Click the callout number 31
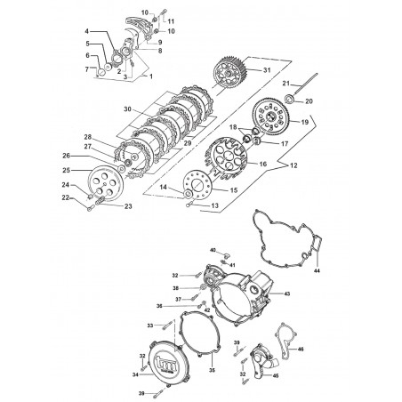click(x=267, y=70)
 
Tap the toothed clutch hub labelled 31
click(x=230, y=72)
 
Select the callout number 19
click(x=304, y=122)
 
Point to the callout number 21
click(x=285, y=84)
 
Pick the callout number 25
click(x=67, y=170)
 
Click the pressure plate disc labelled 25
click(x=106, y=184)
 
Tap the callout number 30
click(x=127, y=109)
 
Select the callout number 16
click(x=263, y=164)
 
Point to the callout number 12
click(x=293, y=165)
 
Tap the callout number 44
click(x=317, y=270)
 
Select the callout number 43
click(x=287, y=293)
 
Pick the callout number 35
click(x=212, y=370)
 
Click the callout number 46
click(x=301, y=350)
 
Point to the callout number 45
click(x=276, y=376)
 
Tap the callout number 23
click(x=128, y=206)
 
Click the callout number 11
click(x=171, y=21)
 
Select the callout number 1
click(x=151, y=76)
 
